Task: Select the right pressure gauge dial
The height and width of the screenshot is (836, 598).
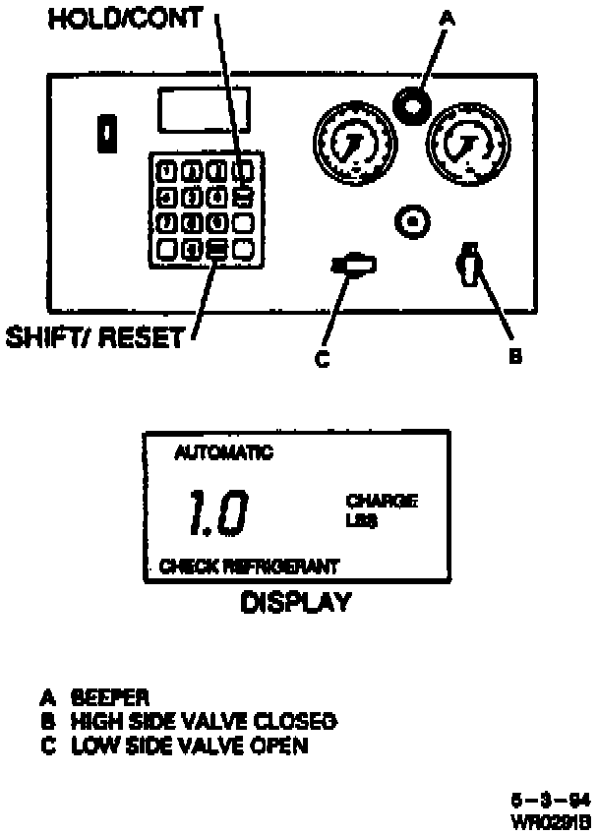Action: pyautogui.click(x=463, y=144)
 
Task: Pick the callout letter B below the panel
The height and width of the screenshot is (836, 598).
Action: pyautogui.click(x=513, y=357)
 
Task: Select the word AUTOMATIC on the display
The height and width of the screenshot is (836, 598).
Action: pyautogui.click(x=223, y=453)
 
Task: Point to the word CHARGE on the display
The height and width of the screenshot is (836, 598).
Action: pyautogui.click(x=382, y=502)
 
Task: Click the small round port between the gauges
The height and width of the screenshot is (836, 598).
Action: pyautogui.click(x=414, y=222)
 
